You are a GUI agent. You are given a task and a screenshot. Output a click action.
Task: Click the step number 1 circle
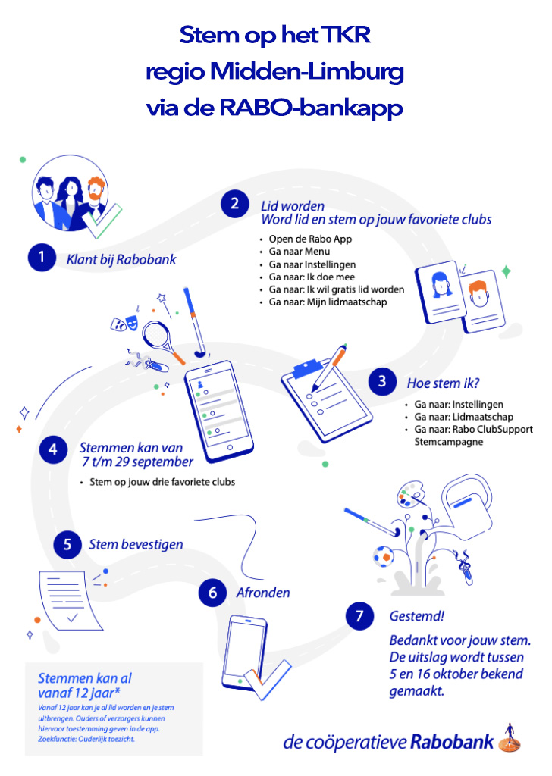pos(42,257)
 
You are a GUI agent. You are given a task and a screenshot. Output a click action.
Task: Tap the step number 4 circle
pos(53,449)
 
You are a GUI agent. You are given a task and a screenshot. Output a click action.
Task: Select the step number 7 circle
pos(359,616)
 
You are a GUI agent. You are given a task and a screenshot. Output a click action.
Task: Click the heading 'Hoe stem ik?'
pos(443,383)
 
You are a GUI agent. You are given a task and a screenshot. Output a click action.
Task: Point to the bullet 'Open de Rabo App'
pos(310,239)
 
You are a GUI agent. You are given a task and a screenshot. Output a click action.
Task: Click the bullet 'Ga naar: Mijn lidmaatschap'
pos(328,302)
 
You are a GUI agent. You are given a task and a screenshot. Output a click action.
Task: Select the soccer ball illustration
pos(384,556)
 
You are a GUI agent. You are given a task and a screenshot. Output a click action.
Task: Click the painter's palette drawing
pos(411,494)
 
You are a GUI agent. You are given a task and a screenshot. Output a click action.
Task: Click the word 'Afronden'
pos(263,593)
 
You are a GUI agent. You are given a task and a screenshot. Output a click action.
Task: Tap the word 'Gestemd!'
pos(417,616)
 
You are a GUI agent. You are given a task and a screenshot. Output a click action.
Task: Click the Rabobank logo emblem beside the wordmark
pos(510,738)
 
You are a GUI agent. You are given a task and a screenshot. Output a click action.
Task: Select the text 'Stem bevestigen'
pos(136,544)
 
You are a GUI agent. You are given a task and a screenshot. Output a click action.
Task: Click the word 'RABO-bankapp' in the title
pos(310,108)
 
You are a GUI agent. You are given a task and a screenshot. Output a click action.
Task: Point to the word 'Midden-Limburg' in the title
pos(307,72)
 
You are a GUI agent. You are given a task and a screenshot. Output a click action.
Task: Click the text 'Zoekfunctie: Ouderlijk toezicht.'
pos(86,739)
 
